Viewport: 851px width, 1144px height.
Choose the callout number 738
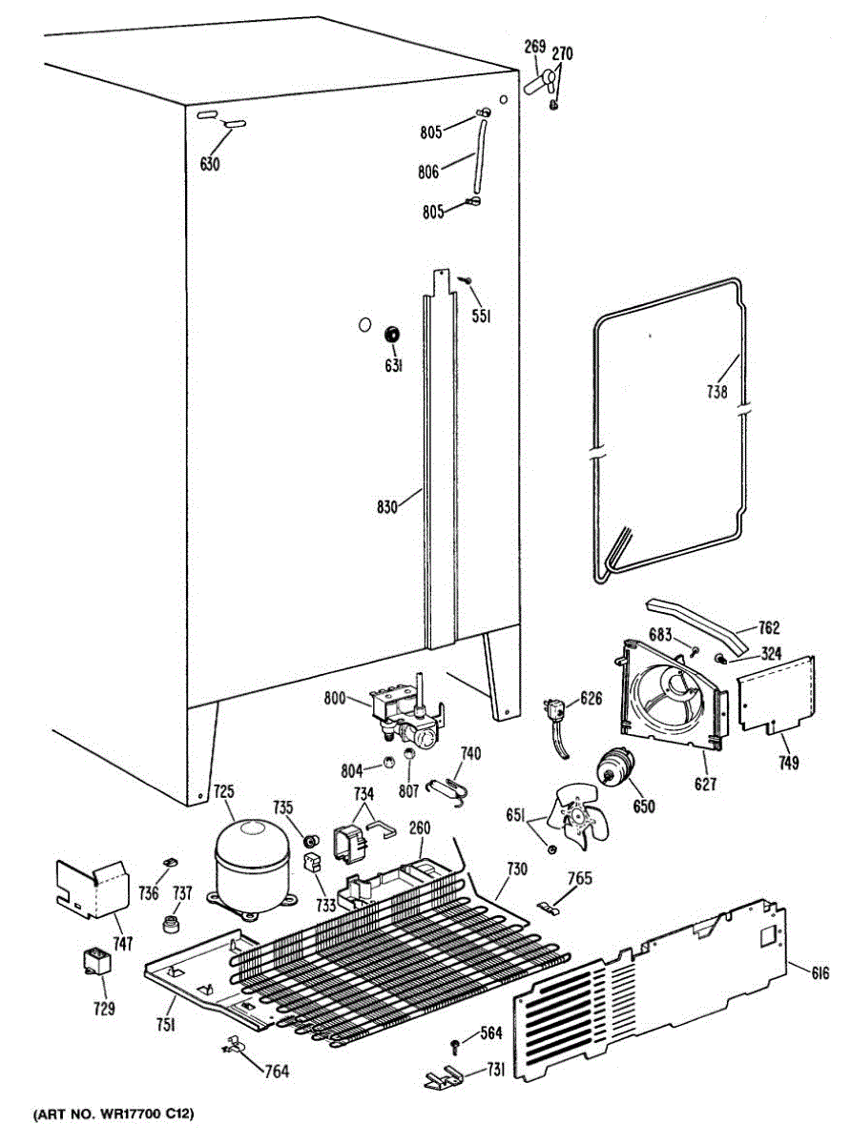(717, 391)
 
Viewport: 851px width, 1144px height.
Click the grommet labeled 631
(391, 335)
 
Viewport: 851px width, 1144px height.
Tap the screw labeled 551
(465, 278)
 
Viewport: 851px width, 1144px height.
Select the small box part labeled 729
(95, 960)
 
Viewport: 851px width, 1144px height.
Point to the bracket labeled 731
(445, 1078)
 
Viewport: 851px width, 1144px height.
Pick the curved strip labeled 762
(695, 621)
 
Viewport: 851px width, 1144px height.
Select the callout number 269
(534, 47)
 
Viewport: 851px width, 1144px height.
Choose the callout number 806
(428, 173)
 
